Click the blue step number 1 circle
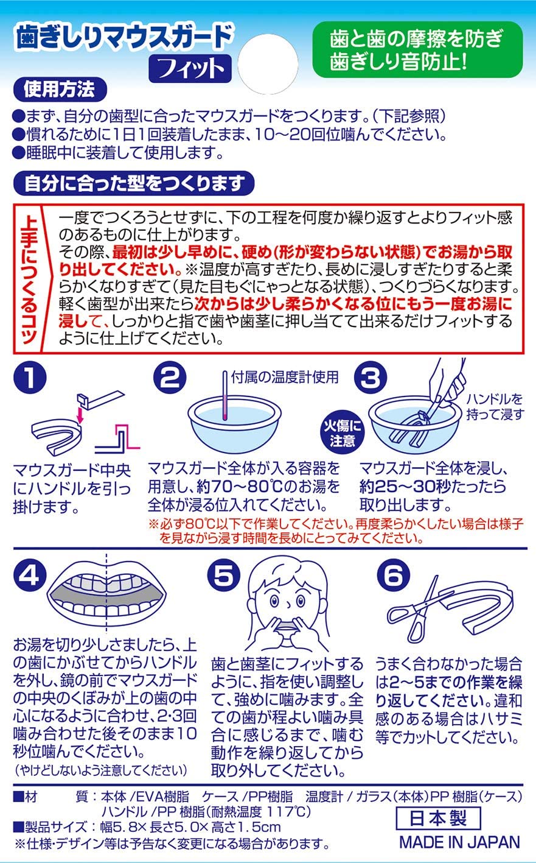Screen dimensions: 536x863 coord(30,378)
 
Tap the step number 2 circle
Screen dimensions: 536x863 coord(170,377)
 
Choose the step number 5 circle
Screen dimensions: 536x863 coord(223,576)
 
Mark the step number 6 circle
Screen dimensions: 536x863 coord(394,576)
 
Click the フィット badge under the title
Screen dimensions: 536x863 coord(190,69)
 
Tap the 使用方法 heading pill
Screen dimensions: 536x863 coord(60,90)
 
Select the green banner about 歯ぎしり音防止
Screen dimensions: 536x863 coord(417,50)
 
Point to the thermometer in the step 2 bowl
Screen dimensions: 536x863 coord(225,395)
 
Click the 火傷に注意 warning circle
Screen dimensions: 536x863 coord(342,433)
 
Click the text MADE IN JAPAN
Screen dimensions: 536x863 coord(459,842)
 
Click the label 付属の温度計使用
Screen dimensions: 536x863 coord(285,377)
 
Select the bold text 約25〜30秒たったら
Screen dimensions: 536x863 coord(433,487)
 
